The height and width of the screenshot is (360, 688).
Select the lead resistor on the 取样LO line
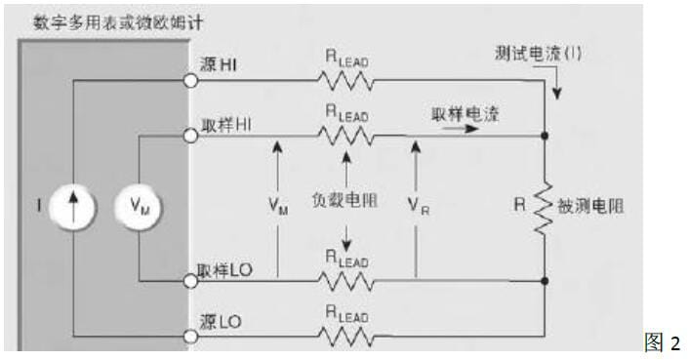[344, 280]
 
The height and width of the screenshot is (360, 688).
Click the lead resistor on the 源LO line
[344, 338]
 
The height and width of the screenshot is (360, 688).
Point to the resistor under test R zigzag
[544, 207]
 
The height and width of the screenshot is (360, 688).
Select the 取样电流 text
[465, 114]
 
